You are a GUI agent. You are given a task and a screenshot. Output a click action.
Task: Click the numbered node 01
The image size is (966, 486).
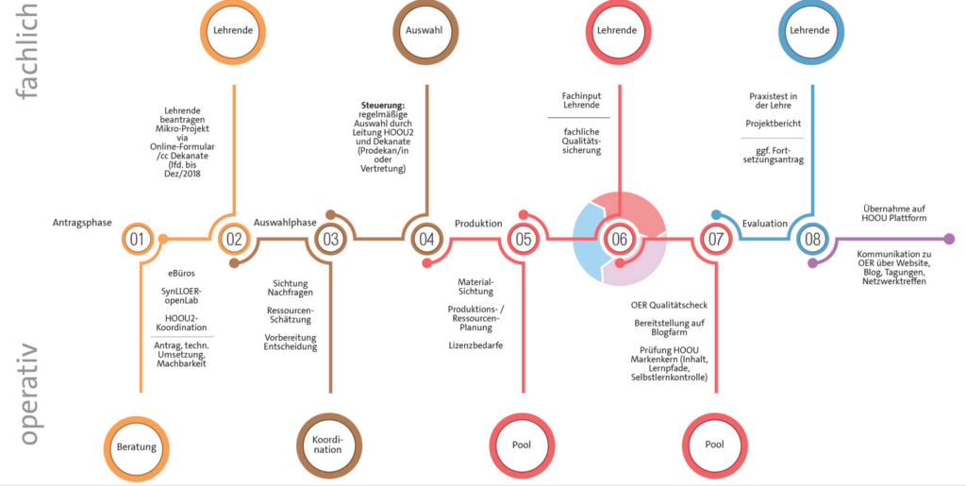tap(137, 239)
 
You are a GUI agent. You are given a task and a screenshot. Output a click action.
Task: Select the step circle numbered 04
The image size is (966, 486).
tap(426, 239)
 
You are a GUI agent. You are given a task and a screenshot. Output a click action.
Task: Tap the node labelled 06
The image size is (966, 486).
tap(619, 239)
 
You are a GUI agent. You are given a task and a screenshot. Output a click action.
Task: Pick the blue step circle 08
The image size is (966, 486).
tap(812, 239)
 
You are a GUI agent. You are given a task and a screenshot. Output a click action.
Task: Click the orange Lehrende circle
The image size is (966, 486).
tap(233, 30)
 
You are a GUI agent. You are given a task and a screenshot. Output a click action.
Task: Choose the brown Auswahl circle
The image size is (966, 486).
tap(425, 30)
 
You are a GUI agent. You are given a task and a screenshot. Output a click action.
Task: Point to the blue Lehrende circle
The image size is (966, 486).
tap(811, 30)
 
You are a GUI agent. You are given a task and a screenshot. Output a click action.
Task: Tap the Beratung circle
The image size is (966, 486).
tap(137, 446)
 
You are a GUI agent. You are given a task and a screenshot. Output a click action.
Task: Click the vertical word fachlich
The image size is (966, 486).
tap(26, 51)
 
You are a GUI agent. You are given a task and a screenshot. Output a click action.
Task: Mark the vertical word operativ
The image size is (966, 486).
tap(27, 394)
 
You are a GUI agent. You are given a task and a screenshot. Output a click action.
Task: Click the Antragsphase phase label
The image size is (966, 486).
tap(82, 223)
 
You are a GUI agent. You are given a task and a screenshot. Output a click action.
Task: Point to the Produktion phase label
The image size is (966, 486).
tap(478, 224)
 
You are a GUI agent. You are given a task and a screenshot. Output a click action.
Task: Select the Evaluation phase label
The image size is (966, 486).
tap(764, 224)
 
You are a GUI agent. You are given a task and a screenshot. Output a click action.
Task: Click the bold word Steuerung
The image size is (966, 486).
tap(383, 106)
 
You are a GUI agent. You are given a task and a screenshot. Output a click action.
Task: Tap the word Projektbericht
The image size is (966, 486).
tap(774, 124)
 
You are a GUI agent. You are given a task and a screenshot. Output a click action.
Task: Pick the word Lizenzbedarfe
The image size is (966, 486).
tap(475, 345)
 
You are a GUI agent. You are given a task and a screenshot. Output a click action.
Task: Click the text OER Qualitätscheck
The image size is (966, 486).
tap(669, 306)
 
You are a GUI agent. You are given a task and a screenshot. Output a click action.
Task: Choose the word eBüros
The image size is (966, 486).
tap(181, 274)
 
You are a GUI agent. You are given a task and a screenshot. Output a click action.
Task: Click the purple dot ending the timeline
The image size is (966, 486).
tap(949, 239)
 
